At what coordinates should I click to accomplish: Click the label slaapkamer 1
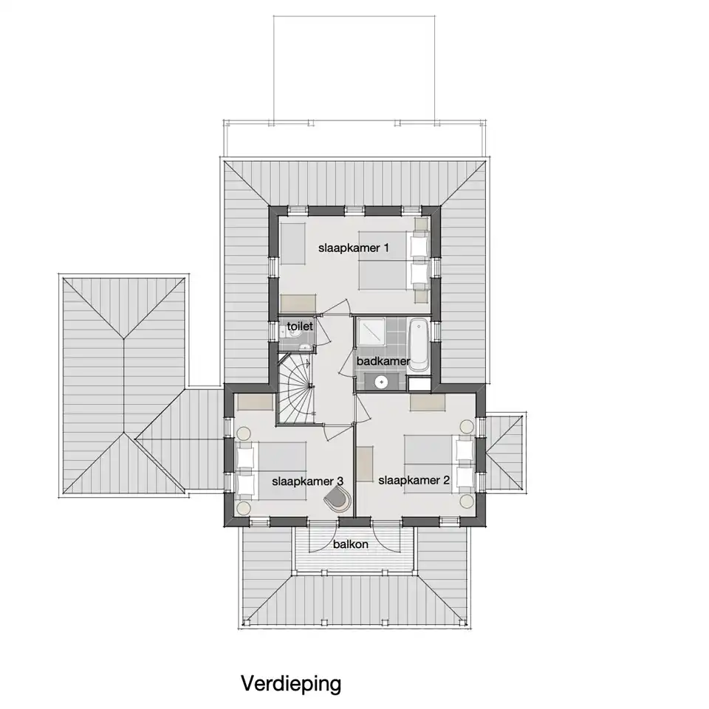coord(354,248)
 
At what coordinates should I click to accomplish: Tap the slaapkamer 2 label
coord(414,480)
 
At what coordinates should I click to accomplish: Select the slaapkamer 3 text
coord(307,481)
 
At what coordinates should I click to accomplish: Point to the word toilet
coord(300,326)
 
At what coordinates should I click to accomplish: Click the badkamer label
coord(383,361)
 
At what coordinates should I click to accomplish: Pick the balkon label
coord(350,544)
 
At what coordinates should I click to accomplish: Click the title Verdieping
coord(291,684)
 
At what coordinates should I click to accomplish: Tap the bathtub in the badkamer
coord(418,345)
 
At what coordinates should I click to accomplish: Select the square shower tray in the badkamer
coord(371,332)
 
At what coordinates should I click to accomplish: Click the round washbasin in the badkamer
coord(382,382)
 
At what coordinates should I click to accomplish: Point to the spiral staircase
coord(295,389)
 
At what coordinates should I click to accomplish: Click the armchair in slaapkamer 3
coord(338,500)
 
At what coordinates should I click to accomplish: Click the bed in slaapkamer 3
coord(271,470)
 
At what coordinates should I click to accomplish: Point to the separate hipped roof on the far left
coord(124,386)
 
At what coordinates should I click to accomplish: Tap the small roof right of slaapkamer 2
coord(504,452)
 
